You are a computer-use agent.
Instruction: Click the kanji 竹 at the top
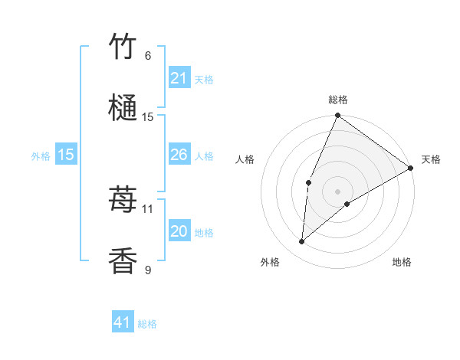tap(123, 47)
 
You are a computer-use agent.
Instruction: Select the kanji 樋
tap(123, 109)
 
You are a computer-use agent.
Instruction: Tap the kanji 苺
tap(123, 201)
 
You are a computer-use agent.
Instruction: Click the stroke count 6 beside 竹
tap(148, 56)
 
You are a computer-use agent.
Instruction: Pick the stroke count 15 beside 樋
tap(148, 117)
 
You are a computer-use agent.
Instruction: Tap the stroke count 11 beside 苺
tap(148, 208)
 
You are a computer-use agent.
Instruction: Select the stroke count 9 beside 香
tap(148, 270)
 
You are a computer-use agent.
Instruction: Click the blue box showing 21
tap(179, 78)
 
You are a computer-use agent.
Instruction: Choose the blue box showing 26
tap(179, 155)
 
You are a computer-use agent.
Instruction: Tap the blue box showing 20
tap(179, 231)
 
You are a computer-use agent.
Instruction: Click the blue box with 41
tap(122, 322)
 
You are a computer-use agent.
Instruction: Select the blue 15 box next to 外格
tap(65, 155)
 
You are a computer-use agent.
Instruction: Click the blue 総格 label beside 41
tap(147, 324)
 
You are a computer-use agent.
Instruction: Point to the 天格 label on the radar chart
tap(431, 159)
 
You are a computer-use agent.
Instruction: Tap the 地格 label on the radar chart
tap(402, 262)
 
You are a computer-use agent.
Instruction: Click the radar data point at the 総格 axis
tap(337, 116)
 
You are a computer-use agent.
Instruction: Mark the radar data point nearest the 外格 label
tap(302, 241)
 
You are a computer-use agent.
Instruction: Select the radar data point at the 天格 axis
tap(411, 168)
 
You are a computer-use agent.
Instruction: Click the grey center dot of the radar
tap(337, 191)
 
